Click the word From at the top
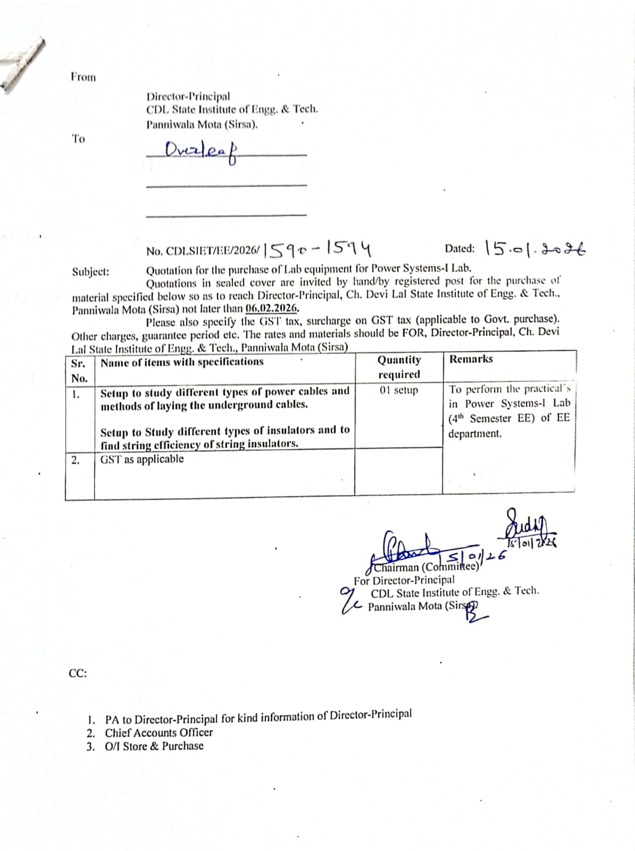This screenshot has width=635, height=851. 83,77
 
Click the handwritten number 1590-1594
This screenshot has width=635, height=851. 317,248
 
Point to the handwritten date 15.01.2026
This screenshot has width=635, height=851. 535,248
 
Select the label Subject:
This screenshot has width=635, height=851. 90,272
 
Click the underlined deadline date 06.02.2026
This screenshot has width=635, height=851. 272,308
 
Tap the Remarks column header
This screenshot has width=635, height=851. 471,359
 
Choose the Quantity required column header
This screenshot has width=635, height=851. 399,367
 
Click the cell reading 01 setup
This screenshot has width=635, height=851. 399,390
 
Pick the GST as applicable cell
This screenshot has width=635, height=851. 142,459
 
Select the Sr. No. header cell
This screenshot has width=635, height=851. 79,371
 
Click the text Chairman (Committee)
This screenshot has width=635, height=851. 425,567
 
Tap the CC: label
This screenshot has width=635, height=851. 78,673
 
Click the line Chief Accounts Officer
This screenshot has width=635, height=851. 158,732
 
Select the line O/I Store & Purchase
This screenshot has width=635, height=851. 154,746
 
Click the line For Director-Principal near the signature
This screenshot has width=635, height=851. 404,580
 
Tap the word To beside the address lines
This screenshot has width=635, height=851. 78,139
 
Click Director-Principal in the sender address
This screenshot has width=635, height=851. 188,96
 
